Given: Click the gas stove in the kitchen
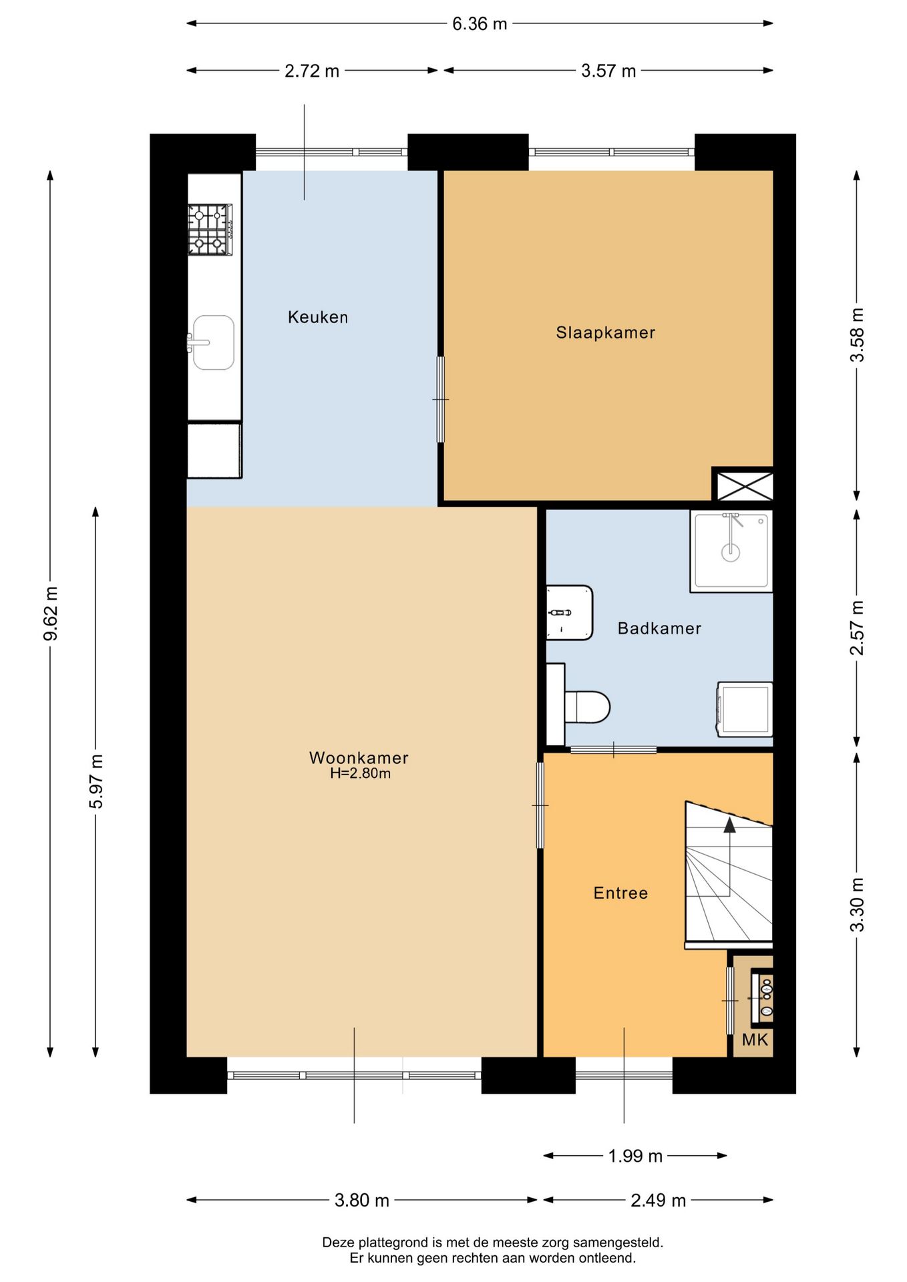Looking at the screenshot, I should point(210,230).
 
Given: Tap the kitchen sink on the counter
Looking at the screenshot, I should point(213,343).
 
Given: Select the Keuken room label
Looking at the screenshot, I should point(318,317).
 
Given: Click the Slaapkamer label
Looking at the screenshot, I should point(605,333).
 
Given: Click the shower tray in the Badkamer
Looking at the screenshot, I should point(731,552).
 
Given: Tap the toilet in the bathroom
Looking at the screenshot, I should point(586,707).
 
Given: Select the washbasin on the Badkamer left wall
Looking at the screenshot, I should point(569,613).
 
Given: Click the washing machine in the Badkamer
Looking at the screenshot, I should point(745,709).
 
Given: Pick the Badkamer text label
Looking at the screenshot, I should point(659,628).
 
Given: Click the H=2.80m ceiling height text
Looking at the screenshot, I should point(360,774).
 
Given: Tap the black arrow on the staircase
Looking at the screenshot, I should point(729,825).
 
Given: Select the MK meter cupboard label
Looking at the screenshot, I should point(755,1040).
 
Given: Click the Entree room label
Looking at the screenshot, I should point(620,893).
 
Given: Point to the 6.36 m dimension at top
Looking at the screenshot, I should point(480,24).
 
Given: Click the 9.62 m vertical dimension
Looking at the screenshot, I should point(51,613).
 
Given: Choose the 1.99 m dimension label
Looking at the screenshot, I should point(634,1156).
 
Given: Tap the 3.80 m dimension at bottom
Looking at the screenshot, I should point(361,1200).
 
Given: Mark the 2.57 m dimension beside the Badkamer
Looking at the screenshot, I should point(857,628).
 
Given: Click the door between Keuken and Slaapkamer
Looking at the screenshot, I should point(441,399).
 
